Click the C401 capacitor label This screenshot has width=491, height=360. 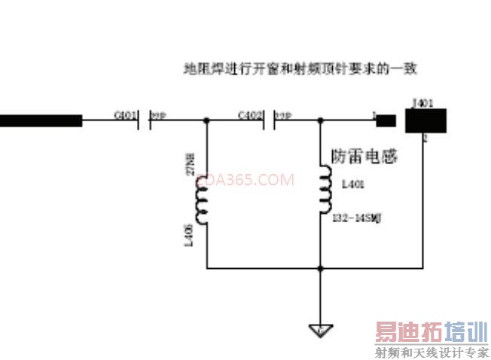(x=125, y=115)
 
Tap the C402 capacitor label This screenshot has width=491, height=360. (x=250, y=115)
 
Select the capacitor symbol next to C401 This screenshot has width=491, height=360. (x=145, y=120)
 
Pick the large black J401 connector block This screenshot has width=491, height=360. (x=426, y=121)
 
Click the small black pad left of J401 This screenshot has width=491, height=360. (x=386, y=121)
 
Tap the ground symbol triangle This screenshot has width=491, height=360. (x=320, y=329)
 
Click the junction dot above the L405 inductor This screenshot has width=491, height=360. (x=206, y=120)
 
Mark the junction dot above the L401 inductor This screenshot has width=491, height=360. (x=322, y=120)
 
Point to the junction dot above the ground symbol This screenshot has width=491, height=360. (x=321, y=267)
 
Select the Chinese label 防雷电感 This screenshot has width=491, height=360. (x=364, y=157)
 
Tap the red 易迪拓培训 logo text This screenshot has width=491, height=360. (x=432, y=331)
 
